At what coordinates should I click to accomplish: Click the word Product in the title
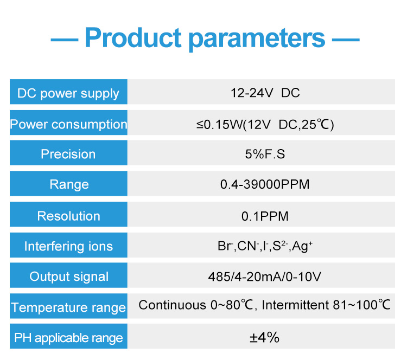pos(133,37)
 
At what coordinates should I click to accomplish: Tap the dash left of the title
pos(65,40)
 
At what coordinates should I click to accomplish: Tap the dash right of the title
pos(346,40)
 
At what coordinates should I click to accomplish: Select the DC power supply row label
pos(68,93)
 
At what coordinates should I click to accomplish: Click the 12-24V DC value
pos(265,93)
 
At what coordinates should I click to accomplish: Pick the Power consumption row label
pos(68,124)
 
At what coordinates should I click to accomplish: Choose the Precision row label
pos(68,154)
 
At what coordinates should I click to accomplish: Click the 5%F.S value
pos(265,154)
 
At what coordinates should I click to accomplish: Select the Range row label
pos(69,185)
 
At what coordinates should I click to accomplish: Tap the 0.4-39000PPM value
pos(265,184)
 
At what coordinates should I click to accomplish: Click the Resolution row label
pos(68,216)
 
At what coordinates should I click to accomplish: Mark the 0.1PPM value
pos(265,216)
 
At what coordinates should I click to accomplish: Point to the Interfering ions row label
pos(68,246)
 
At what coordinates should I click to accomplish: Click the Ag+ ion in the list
pos(302,246)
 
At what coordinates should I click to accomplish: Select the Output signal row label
pos(69,277)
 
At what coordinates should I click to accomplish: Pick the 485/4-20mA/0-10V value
pos(265,277)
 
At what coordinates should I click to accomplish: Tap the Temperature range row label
pos(68,307)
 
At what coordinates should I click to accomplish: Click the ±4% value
pos(264,337)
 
